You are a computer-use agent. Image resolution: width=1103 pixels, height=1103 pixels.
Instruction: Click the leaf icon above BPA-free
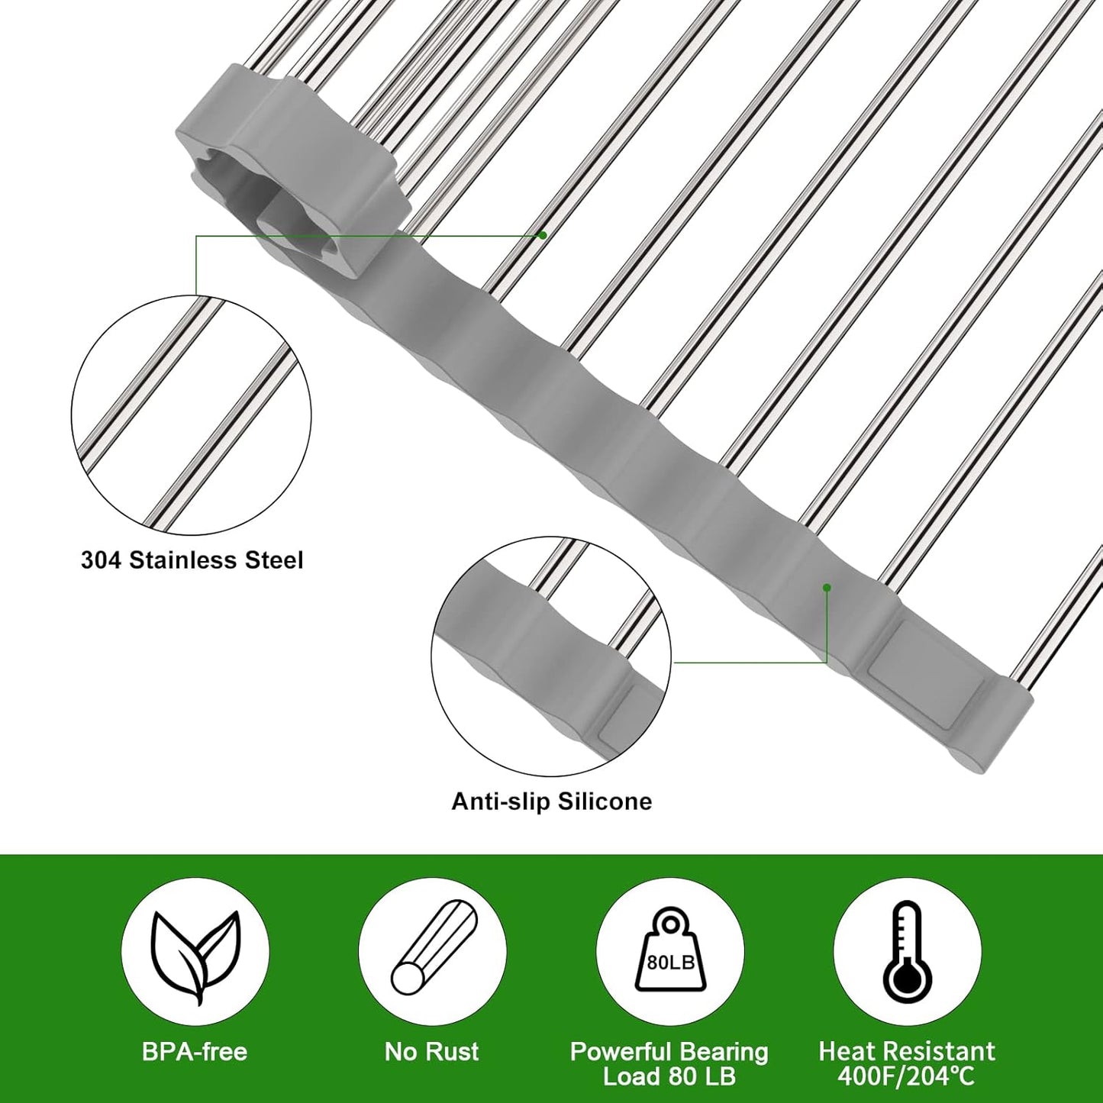tap(195, 953)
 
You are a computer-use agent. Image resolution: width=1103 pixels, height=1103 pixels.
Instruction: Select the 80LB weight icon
tap(669, 951)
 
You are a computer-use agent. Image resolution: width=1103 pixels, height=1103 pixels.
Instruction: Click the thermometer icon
tap(907, 951)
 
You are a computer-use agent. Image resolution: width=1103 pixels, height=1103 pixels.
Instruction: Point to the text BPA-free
tap(195, 1052)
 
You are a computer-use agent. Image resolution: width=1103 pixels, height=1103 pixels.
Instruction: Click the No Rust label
tap(431, 1052)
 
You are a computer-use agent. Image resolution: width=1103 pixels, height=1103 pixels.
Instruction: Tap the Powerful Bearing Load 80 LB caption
tap(669, 1063)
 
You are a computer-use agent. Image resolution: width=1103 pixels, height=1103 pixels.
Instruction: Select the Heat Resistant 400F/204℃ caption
tap(907, 1063)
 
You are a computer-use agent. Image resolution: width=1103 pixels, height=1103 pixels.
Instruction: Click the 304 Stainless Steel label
tap(192, 560)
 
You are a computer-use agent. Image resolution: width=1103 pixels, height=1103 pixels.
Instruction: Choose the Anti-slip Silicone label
tap(552, 801)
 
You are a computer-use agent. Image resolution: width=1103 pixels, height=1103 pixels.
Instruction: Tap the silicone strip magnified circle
tap(550, 656)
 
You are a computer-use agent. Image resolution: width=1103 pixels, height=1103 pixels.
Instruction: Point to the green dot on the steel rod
tap(543, 235)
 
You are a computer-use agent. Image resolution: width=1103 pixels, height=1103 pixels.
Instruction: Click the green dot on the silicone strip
tap(827, 587)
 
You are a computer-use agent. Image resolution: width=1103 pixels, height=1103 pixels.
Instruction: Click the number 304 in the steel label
tap(102, 560)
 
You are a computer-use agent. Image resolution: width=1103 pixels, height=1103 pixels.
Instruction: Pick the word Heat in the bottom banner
tap(844, 1052)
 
